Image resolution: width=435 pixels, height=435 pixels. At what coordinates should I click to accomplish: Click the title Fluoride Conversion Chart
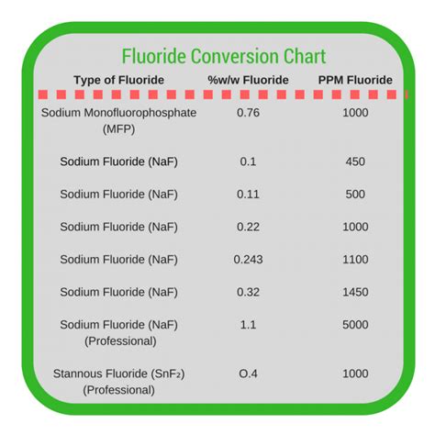[x=224, y=56]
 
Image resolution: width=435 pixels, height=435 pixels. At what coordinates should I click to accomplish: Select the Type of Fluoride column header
[x=119, y=80]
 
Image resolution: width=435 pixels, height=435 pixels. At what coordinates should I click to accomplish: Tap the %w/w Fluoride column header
[x=248, y=80]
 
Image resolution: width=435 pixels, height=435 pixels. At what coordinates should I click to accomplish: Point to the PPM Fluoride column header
[x=355, y=80]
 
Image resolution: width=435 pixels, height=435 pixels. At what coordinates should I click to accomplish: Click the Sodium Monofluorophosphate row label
[x=118, y=113]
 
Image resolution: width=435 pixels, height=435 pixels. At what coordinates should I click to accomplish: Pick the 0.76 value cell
[x=248, y=113]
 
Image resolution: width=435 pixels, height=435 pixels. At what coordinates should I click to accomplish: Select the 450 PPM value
[x=355, y=162]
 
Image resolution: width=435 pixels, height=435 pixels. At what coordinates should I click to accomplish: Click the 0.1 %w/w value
[x=248, y=162]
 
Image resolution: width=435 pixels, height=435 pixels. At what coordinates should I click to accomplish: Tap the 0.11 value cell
[x=248, y=195]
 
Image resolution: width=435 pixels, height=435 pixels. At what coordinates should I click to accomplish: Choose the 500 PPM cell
[x=355, y=195]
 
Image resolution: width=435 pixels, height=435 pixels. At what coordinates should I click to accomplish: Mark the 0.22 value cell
[x=248, y=227]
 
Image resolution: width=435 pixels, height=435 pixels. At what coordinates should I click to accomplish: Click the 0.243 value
[x=248, y=260]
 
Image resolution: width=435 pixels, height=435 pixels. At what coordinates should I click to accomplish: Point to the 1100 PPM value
[x=355, y=260]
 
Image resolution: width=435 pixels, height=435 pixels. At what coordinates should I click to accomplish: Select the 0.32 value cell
[x=248, y=292]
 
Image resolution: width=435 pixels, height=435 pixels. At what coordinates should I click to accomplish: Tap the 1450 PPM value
[x=355, y=292]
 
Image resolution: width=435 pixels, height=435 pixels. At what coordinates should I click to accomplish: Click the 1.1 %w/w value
[x=248, y=325]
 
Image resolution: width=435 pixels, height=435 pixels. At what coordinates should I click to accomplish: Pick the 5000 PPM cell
[x=355, y=325]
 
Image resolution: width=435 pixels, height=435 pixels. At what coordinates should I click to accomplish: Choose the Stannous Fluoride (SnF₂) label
[x=118, y=374]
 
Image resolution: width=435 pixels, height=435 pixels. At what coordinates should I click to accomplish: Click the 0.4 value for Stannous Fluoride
[x=248, y=374]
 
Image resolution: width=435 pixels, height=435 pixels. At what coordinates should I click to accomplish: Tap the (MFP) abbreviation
[x=118, y=129]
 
